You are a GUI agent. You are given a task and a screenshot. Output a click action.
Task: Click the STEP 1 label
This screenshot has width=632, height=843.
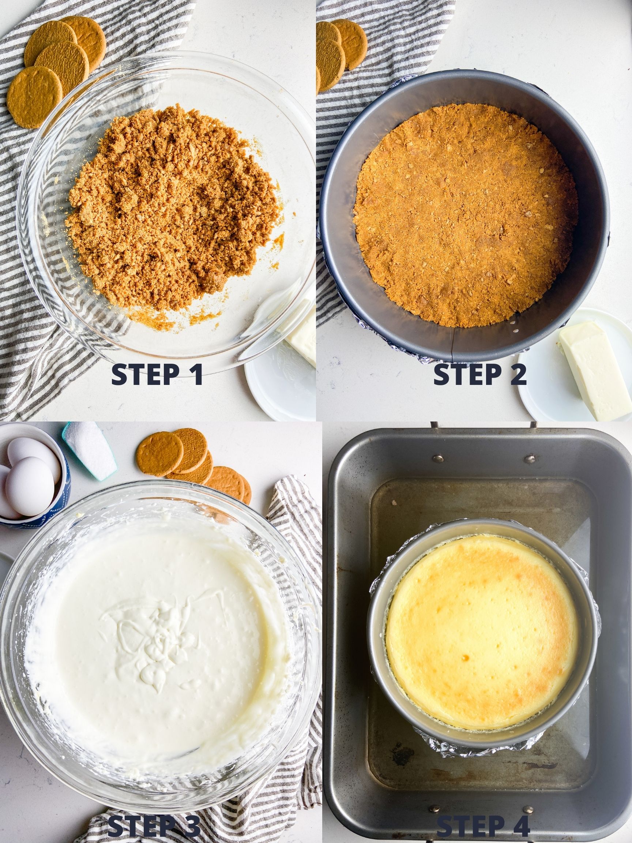point(157,375)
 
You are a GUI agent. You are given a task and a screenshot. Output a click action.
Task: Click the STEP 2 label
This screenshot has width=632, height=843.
point(479,375)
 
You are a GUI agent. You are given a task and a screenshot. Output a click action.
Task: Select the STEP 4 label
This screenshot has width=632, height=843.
point(483,827)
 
